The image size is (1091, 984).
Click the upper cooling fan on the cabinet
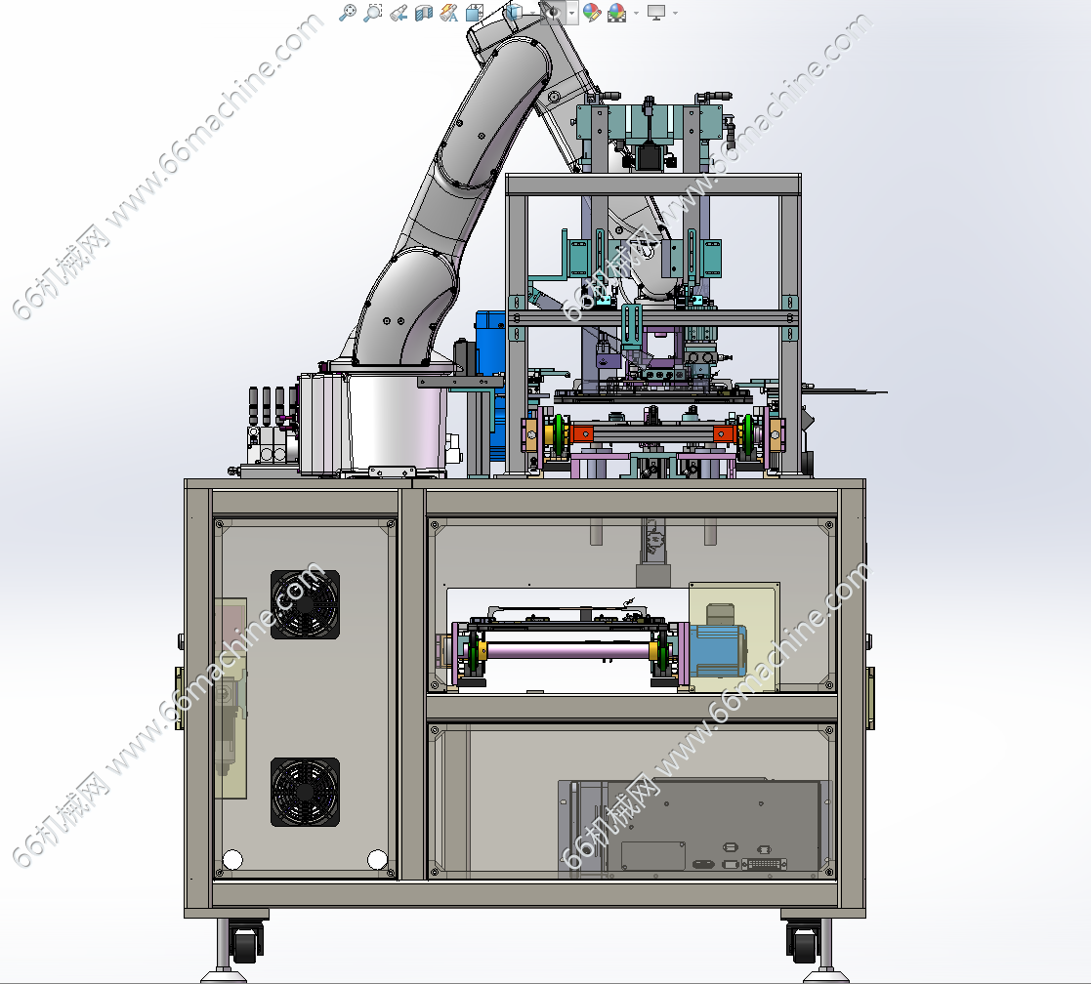[305, 604]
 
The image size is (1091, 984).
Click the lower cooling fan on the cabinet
[305, 792]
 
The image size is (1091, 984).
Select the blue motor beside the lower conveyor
[717, 650]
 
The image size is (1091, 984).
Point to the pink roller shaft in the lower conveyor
[569, 651]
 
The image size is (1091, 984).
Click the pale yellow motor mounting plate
[734, 637]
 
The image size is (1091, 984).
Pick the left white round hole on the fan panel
[232, 860]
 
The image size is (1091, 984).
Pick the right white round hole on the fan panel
[377, 859]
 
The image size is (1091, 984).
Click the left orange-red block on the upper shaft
[582, 434]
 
